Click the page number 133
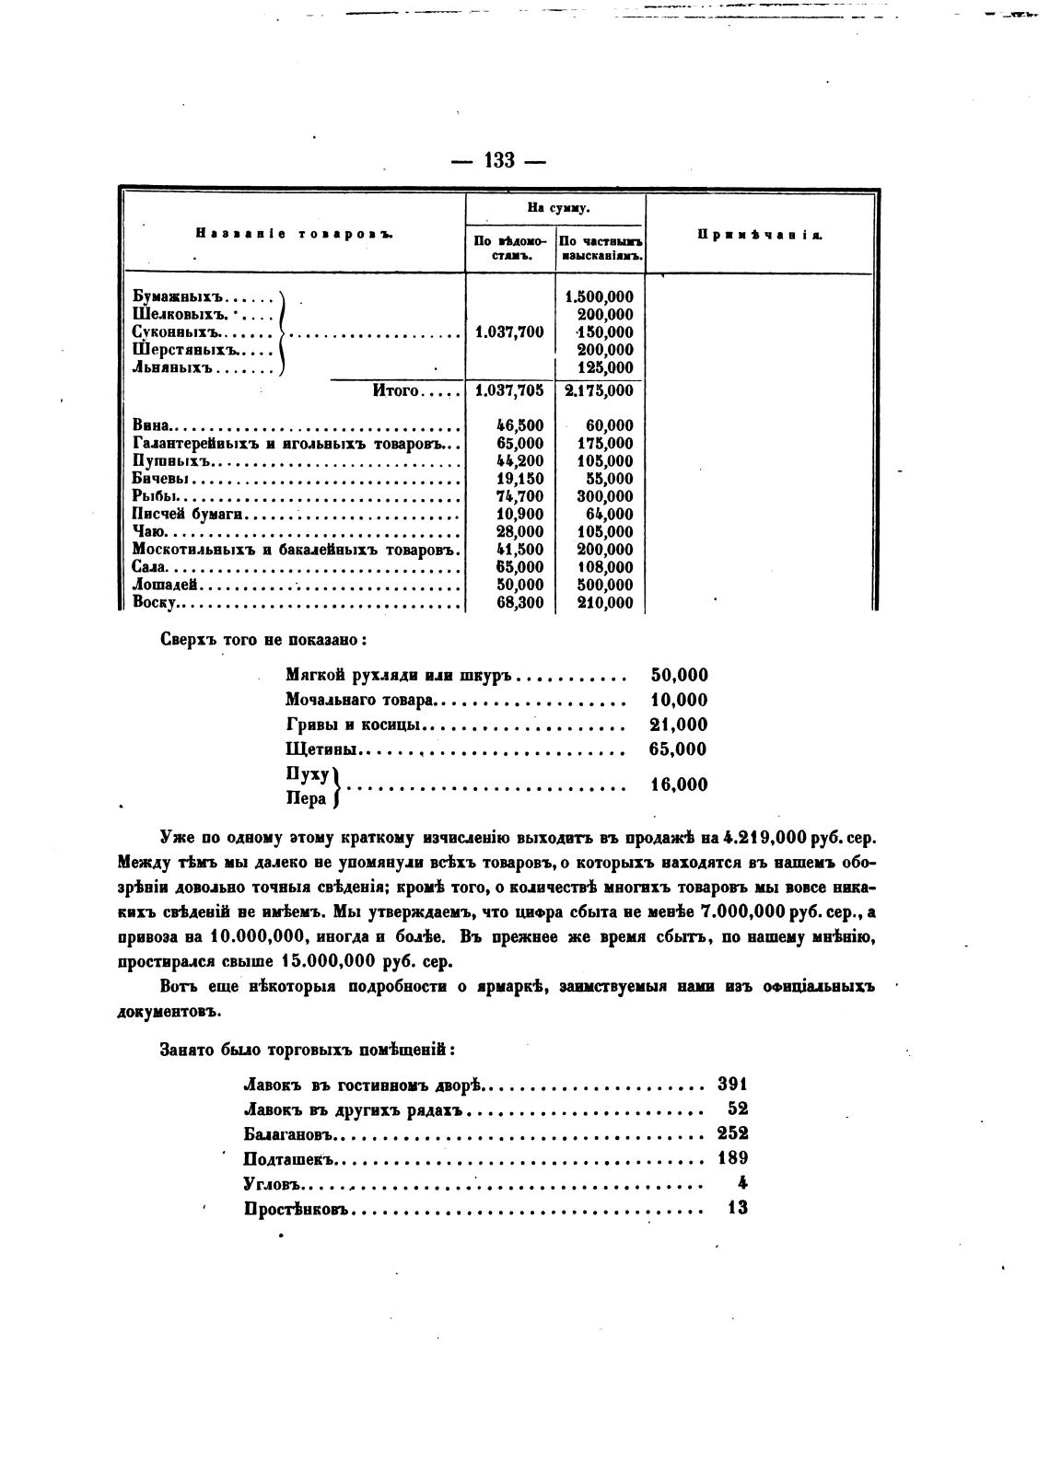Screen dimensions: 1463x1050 [498, 160]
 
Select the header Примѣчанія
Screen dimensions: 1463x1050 [760, 235]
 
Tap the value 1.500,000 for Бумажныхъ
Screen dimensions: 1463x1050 [599, 296]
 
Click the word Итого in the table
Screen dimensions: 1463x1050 [396, 390]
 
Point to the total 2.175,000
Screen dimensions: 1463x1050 [599, 390]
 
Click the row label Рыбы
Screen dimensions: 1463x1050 [154, 496]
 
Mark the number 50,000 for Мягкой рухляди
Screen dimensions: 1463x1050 [679, 676]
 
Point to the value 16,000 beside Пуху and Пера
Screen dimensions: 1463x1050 [679, 785]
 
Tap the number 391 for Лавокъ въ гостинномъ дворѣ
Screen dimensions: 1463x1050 [732, 1085]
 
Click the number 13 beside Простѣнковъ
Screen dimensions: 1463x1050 [737, 1208]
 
